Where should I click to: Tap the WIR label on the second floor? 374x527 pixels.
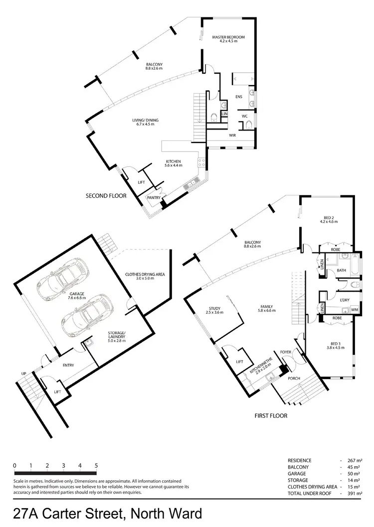232,134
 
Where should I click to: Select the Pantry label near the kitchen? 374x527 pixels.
153,198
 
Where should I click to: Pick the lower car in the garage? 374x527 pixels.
85,315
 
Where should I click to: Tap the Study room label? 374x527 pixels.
214,310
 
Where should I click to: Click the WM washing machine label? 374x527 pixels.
355,310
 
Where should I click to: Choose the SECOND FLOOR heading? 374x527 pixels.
106,196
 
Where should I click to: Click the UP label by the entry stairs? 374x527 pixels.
23,373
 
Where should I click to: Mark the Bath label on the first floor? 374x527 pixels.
341,270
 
